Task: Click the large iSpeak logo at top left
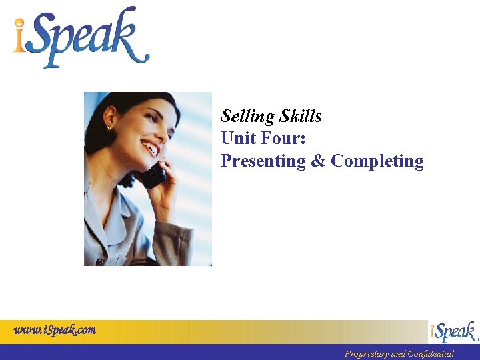tap(80, 38)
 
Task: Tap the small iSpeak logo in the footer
tap(454, 332)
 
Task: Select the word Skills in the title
tap(301, 117)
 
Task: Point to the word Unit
tap(239, 139)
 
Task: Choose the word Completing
tap(377, 161)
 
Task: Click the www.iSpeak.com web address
tap(55, 329)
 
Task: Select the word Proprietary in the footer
tap(366, 354)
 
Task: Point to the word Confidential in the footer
tap(432, 354)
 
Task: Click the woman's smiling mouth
tap(149, 147)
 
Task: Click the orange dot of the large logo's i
tap(21, 25)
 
